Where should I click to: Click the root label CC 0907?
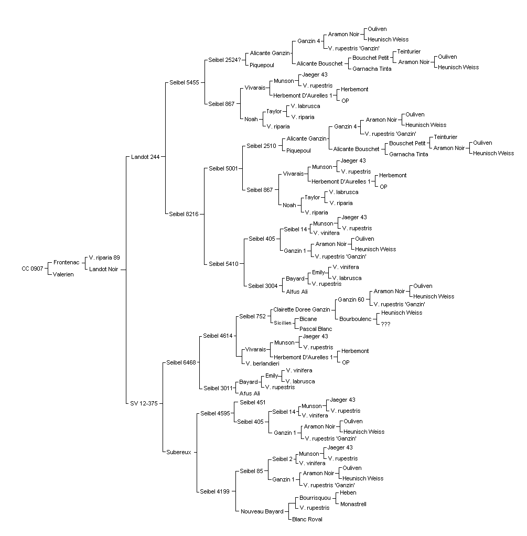pos(33,269)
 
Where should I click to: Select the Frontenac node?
pos(66,263)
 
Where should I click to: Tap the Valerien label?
pos(63,274)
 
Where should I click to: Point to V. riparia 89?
pos(104,258)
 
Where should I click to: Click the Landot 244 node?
pos(145,157)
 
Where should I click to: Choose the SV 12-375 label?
pos(144,403)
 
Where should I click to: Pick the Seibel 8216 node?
pos(184,214)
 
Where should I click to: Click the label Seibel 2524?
pos(224,60)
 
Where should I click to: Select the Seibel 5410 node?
pos(223,264)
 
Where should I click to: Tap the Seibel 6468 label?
pos(181,362)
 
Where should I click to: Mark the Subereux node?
pos(179,452)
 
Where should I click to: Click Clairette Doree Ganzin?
pos(302,310)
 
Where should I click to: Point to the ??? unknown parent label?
pos(385,324)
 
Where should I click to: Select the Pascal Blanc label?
pos(316,329)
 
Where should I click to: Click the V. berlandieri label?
pos(263,364)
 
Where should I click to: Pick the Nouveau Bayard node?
pos(262,512)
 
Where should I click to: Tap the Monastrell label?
pos(353,504)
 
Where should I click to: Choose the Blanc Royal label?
pos(307,519)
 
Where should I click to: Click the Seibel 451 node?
pos(253,402)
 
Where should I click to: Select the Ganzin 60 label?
pos(351,299)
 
